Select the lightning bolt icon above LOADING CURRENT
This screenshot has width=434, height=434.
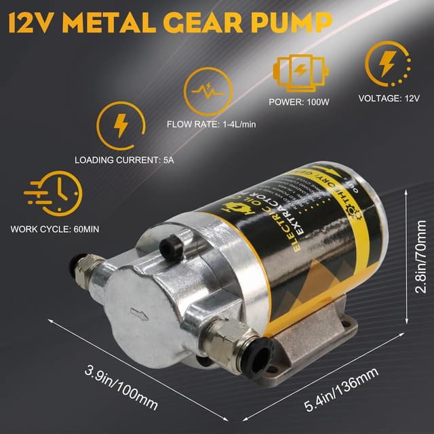pyautogui.click(x=121, y=126)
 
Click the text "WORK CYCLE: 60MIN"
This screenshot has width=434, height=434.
pyautogui.click(x=55, y=229)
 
